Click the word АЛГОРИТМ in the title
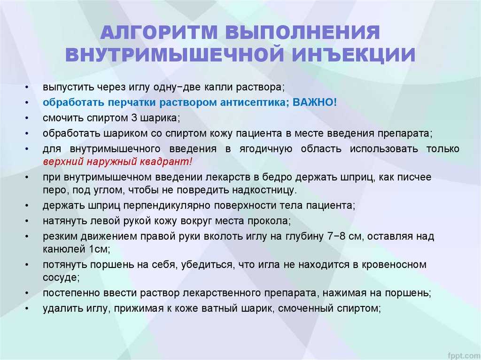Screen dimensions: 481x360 pos(159,32)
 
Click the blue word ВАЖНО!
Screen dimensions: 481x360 pos(315,102)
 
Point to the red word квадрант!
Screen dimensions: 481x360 pos(166,161)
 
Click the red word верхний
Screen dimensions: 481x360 pos(63,162)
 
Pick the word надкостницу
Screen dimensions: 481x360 pos(263,190)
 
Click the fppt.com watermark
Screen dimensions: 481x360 pos(463,355)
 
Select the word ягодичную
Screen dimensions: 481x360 pos(266,149)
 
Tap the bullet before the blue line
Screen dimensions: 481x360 pos(27,103)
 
